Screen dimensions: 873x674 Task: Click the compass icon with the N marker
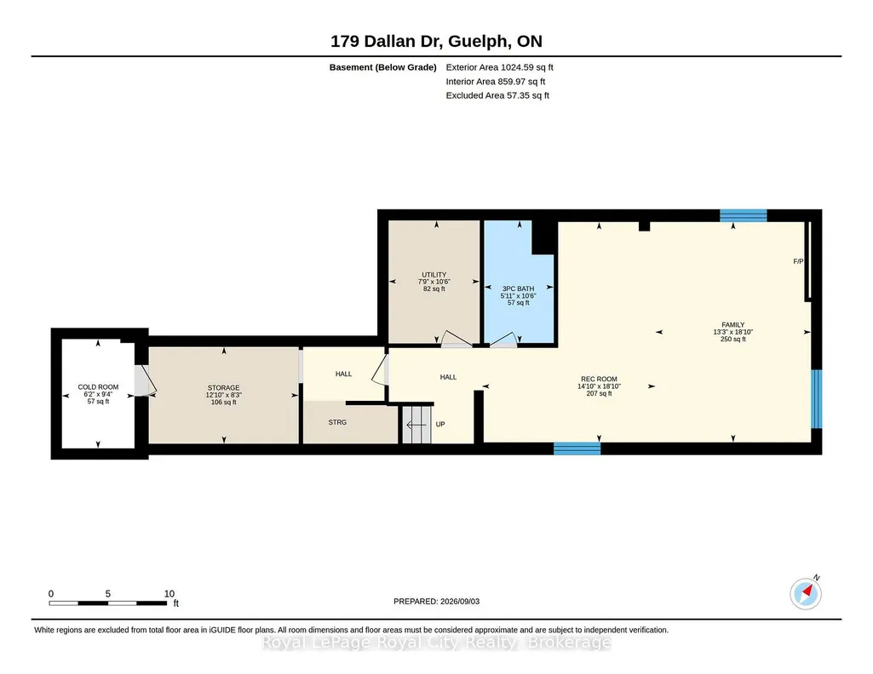[x=806, y=593]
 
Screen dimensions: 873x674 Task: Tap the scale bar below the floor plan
[x=108, y=603]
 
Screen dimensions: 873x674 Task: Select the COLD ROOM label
[x=98, y=387]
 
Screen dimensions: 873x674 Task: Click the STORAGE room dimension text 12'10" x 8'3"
[x=224, y=395]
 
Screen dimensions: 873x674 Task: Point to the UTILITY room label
[x=434, y=275]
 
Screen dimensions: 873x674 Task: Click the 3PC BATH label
[x=519, y=288]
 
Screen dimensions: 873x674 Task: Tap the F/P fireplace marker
[x=798, y=261]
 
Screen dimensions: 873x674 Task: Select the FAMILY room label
[x=732, y=325]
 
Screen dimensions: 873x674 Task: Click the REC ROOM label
[x=599, y=380]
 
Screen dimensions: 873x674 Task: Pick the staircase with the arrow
[x=416, y=425]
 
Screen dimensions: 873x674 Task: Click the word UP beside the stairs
[x=440, y=425]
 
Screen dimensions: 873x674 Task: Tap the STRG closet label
[x=337, y=423]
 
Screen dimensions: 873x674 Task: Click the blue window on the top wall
[x=744, y=216]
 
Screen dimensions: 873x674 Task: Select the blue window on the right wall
[x=816, y=399]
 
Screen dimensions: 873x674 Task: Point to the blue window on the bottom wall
[x=577, y=448]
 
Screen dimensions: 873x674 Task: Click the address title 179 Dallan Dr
[x=387, y=41]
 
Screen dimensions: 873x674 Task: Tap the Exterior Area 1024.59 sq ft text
[x=499, y=67]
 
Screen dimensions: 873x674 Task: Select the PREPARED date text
[x=436, y=601]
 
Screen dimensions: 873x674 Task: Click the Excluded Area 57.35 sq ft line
[x=497, y=95]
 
